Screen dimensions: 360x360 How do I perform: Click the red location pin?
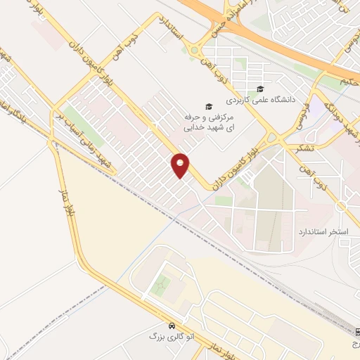181,165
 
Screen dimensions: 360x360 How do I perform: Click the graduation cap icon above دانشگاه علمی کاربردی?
261,89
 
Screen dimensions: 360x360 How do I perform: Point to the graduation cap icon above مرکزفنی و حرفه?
209,105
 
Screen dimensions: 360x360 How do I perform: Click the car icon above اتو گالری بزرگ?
172,326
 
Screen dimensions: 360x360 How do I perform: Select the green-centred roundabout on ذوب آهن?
193,50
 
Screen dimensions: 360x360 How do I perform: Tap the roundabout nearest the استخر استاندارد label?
342,206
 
